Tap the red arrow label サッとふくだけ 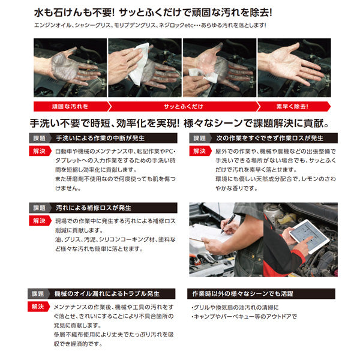pos(180,106)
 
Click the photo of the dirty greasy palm pos(69,67)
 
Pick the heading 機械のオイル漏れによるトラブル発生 pos(108,294)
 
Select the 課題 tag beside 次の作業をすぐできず pos(200,138)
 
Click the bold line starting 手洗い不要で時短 pos(180,123)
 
